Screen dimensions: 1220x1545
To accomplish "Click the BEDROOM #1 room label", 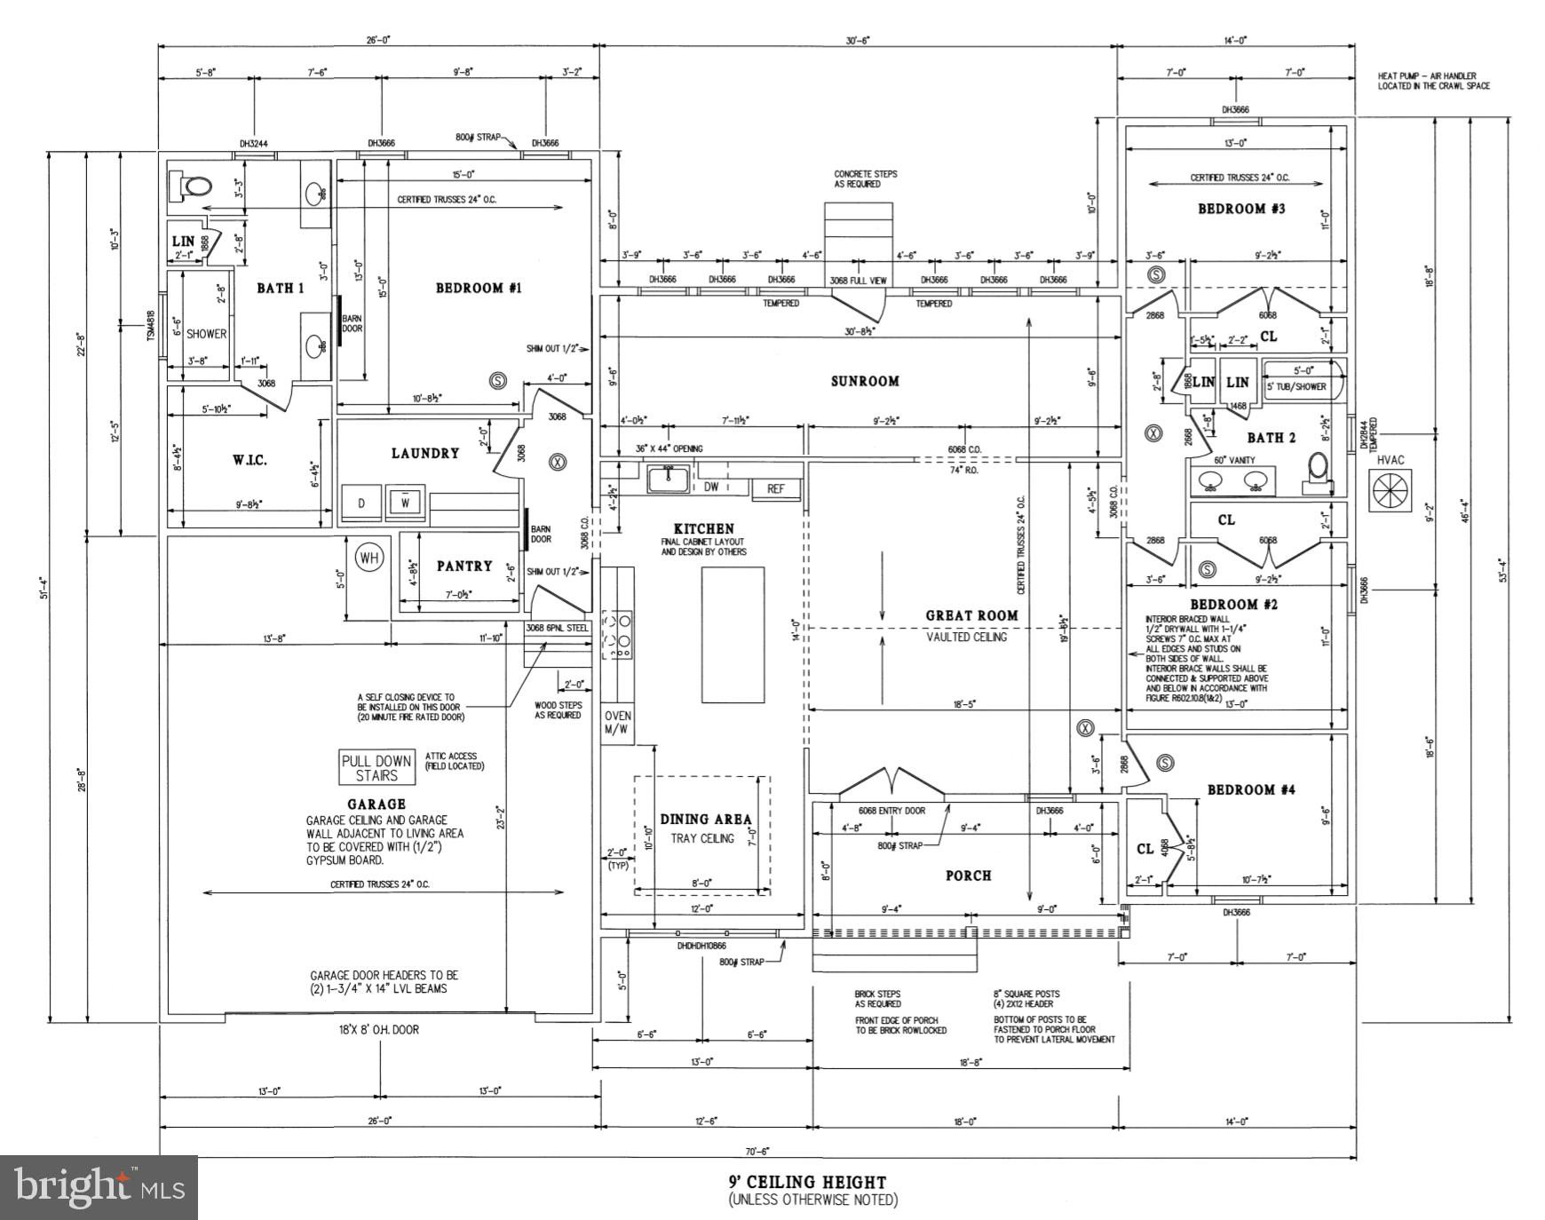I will [x=478, y=288].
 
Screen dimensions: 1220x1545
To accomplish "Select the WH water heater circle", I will [x=369, y=558].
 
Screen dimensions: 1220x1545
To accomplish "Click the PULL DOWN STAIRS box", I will [x=377, y=768].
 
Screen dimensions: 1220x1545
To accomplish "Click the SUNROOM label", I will [x=865, y=381].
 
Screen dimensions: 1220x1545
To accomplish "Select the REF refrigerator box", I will [x=776, y=488].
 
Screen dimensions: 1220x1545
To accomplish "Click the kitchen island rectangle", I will [x=733, y=635].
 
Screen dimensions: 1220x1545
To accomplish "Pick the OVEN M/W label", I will [x=617, y=723].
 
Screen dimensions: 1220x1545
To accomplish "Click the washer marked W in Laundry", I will [x=405, y=503].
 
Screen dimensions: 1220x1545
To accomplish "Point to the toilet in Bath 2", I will [x=1319, y=470].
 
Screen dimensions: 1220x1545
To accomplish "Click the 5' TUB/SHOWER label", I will [x=1296, y=386].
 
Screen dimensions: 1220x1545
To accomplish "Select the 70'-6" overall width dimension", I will [x=757, y=1151].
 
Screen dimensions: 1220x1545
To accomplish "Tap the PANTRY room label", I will [x=463, y=566].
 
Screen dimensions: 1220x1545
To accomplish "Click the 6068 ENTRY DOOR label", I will [x=891, y=811].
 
